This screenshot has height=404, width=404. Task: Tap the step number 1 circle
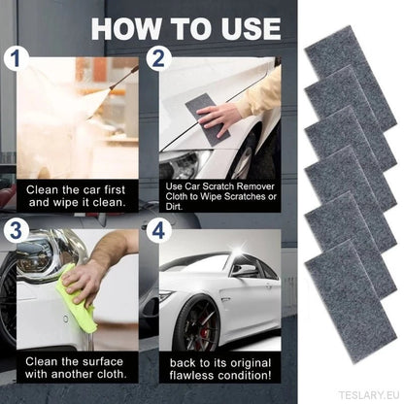[17, 58]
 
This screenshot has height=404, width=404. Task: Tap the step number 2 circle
[158, 58]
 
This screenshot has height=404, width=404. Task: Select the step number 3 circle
[17, 230]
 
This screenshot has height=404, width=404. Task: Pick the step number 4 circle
[158, 230]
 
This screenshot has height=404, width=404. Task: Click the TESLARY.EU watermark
[369, 395]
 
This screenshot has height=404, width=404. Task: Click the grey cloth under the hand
[207, 115]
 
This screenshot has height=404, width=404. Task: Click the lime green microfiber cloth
[76, 299]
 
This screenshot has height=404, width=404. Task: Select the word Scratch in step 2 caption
[220, 186]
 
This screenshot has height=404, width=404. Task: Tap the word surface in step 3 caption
[103, 361]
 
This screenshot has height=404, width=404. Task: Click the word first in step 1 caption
[115, 189]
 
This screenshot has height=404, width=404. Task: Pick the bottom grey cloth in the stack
[351, 302]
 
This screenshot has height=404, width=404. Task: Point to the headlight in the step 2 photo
[182, 163]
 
